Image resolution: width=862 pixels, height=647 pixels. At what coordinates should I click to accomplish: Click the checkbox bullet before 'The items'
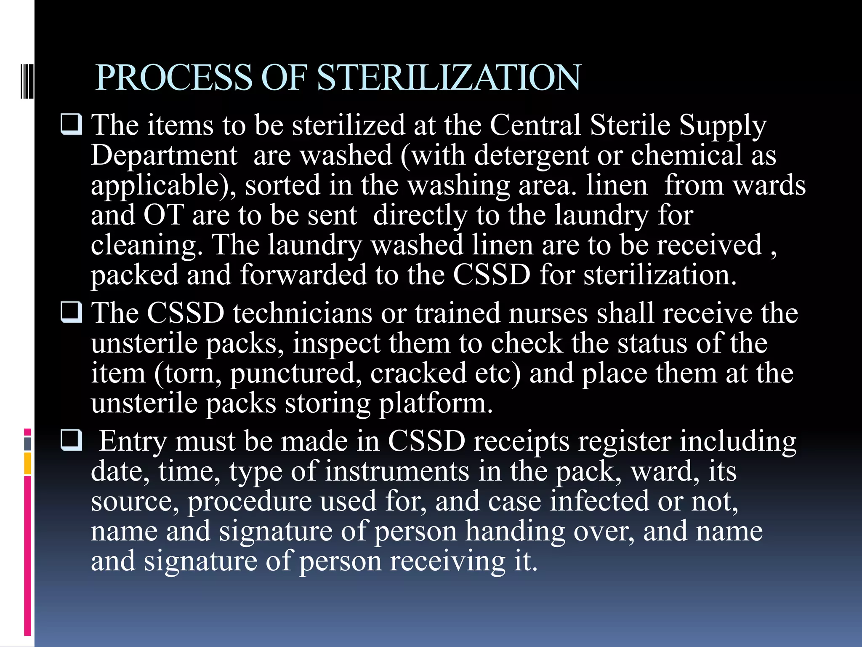tap(72, 125)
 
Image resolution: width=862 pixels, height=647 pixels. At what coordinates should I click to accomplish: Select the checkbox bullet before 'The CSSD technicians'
tap(72, 313)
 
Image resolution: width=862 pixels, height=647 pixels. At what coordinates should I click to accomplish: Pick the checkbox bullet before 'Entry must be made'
tap(72, 441)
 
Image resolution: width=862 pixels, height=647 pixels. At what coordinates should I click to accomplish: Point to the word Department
tap(164, 156)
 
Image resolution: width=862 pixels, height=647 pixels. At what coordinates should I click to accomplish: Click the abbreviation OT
tap(163, 215)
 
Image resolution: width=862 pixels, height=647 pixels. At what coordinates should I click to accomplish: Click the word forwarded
tap(303, 275)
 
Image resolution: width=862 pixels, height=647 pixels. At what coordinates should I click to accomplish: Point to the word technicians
tap(303, 313)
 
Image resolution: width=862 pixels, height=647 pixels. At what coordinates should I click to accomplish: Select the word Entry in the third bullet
tap(133, 442)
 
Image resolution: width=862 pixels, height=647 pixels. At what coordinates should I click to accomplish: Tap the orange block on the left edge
tap(28, 464)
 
